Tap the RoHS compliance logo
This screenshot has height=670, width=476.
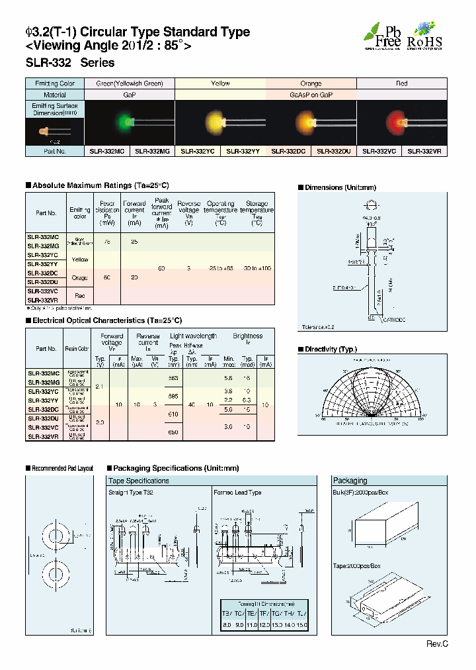(x=424, y=36)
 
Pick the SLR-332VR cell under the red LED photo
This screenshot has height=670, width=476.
(x=424, y=151)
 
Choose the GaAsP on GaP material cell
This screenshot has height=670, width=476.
(x=311, y=94)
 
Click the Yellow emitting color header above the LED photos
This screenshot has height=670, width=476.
(x=220, y=83)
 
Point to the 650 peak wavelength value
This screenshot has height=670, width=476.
(x=174, y=432)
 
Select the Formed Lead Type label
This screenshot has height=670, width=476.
(x=237, y=493)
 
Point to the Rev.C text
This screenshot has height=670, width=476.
(x=437, y=644)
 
